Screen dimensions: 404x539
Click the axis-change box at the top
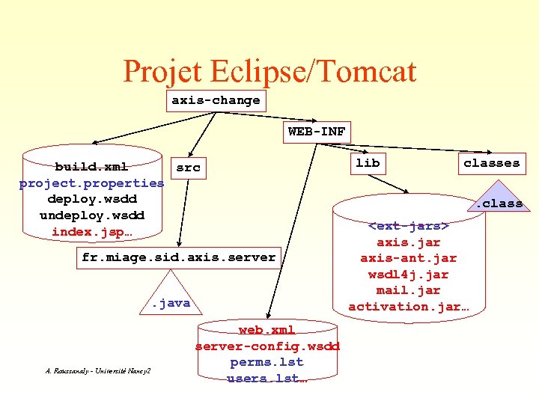(x=216, y=100)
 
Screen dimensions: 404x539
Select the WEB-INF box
(x=317, y=132)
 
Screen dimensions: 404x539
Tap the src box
(x=188, y=168)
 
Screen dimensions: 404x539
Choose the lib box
(x=367, y=162)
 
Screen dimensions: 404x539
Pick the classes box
(x=491, y=162)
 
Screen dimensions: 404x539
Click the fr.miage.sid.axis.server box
(x=178, y=257)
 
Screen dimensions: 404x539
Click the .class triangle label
(x=498, y=203)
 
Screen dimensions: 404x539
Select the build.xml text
(x=91, y=166)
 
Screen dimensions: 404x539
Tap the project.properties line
(x=91, y=183)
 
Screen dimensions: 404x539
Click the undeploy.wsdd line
(x=91, y=215)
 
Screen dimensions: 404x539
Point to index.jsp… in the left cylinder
(x=91, y=232)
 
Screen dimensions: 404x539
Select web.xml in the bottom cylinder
(x=267, y=330)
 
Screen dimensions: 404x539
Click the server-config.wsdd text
(x=267, y=346)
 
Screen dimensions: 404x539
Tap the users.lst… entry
(x=267, y=379)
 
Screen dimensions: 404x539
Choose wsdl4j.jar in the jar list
(x=408, y=274)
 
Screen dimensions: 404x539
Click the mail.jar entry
(x=408, y=290)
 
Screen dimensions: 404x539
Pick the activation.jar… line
(x=408, y=306)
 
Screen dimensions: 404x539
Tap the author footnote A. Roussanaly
(x=97, y=371)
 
